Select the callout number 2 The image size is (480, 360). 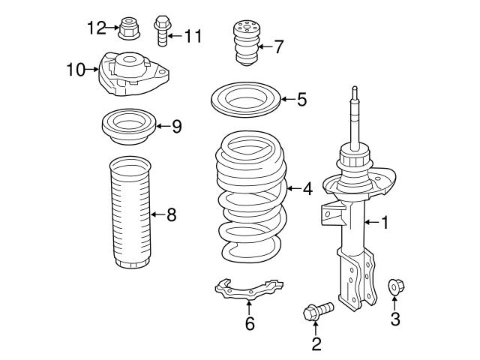click(x=316, y=343)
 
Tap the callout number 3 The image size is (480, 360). click(x=394, y=320)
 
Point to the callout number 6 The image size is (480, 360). click(x=250, y=324)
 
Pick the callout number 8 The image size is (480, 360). click(x=171, y=216)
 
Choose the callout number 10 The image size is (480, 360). click(x=76, y=70)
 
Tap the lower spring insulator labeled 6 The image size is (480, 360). click(x=248, y=290)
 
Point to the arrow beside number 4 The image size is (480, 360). click(x=292, y=189)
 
